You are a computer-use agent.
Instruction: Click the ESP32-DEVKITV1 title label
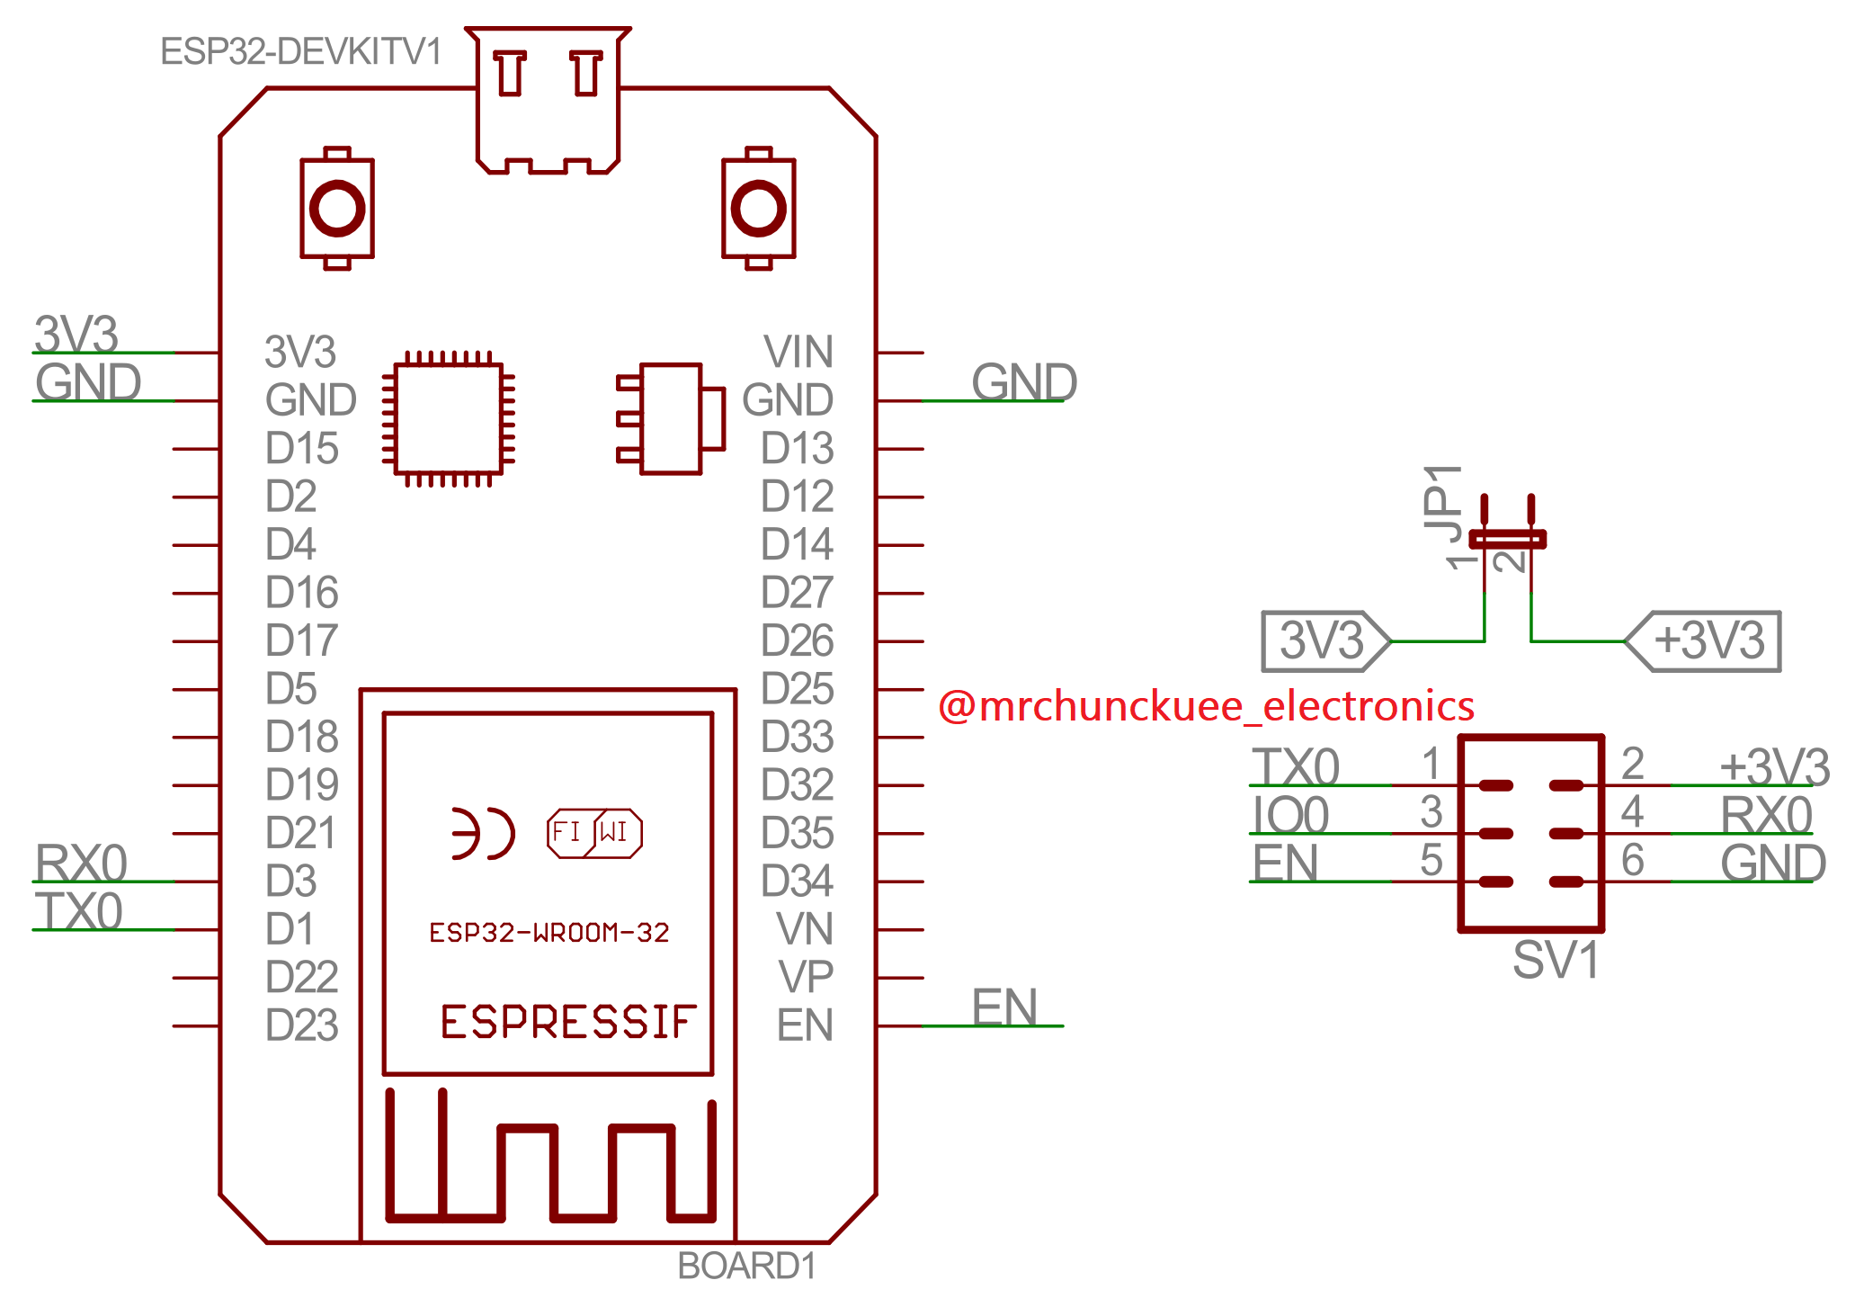300,52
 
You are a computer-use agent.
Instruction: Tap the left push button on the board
337,209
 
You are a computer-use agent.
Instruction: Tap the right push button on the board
759,209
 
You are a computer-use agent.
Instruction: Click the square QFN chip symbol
449,418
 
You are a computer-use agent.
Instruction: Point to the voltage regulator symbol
671,418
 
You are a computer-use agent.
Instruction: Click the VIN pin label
798,352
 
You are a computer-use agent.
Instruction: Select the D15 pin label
301,448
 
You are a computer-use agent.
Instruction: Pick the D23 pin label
301,1025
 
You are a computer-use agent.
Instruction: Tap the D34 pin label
797,882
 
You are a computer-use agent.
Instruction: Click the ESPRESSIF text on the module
568,1023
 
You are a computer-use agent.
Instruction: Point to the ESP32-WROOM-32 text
548,933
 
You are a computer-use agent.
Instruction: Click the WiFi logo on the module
594,833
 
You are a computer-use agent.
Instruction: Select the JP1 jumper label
1443,504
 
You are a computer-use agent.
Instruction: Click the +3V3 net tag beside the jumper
1705,641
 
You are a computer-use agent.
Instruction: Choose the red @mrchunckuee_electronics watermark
1205,706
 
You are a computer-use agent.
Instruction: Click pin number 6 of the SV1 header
1632,860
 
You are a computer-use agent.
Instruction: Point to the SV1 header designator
1556,960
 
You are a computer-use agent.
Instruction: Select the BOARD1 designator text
746,1267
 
